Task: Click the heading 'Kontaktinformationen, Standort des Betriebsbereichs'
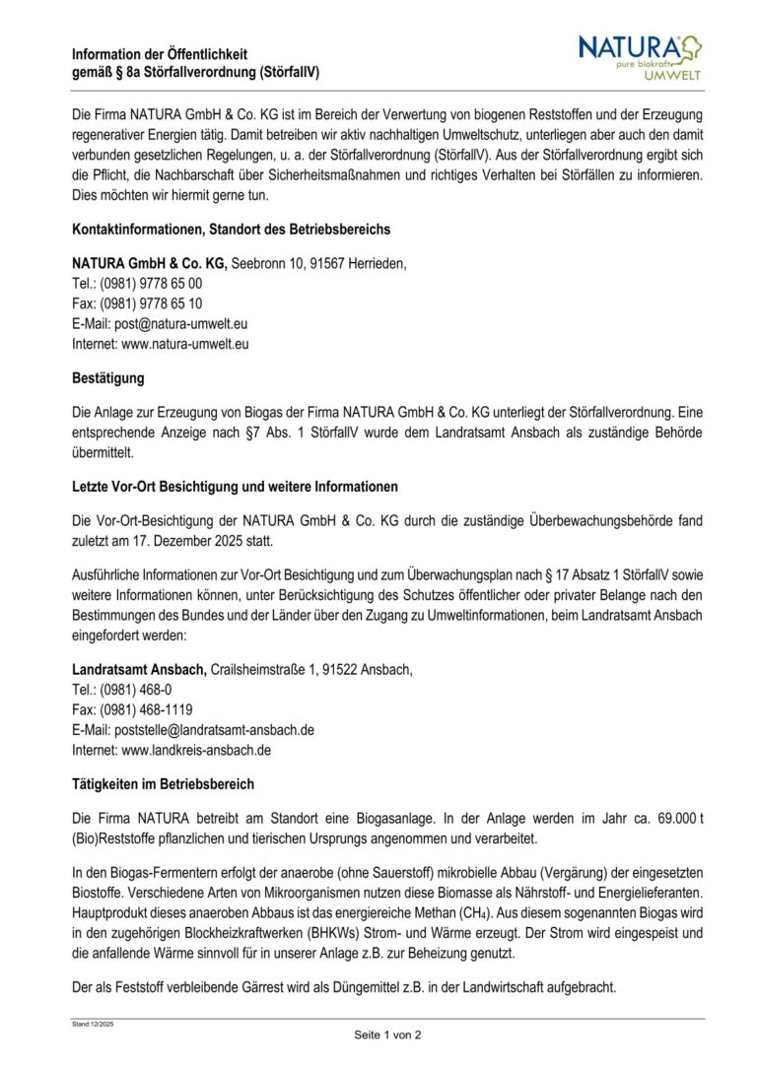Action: coord(231,230)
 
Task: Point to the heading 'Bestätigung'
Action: coord(108,377)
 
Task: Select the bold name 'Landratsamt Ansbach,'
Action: coord(139,670)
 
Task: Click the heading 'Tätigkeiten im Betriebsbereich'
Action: coord(164,784)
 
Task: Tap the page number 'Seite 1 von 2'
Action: coord(388,1035)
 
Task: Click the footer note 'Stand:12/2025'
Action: coord(93,1025)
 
